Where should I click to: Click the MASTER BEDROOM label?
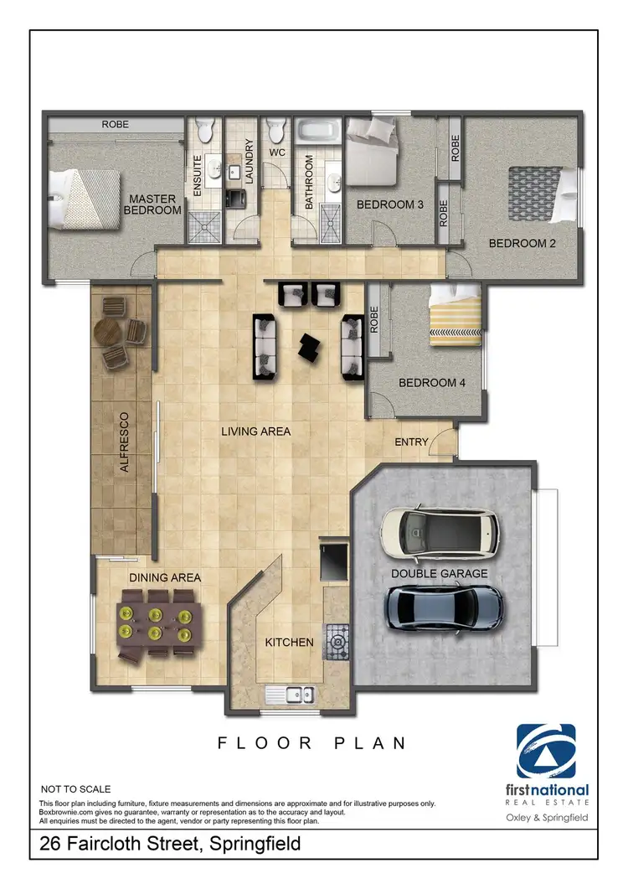coord(152,204)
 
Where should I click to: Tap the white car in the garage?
coord(439,534)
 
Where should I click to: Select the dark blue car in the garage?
coord(444,607)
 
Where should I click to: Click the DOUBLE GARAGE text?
coord(439,574)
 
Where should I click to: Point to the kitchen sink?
coord(289,694)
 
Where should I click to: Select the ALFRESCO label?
coord(125,442)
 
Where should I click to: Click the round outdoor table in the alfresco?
coord(109,331)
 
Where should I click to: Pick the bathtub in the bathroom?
coord(317,132)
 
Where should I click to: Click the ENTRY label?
coord(411,442)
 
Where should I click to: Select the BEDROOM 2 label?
coord(522,244)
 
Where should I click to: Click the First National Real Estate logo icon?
coord(546,752)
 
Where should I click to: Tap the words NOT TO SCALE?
coord(75,789)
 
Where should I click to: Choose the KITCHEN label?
coord(289,643)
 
